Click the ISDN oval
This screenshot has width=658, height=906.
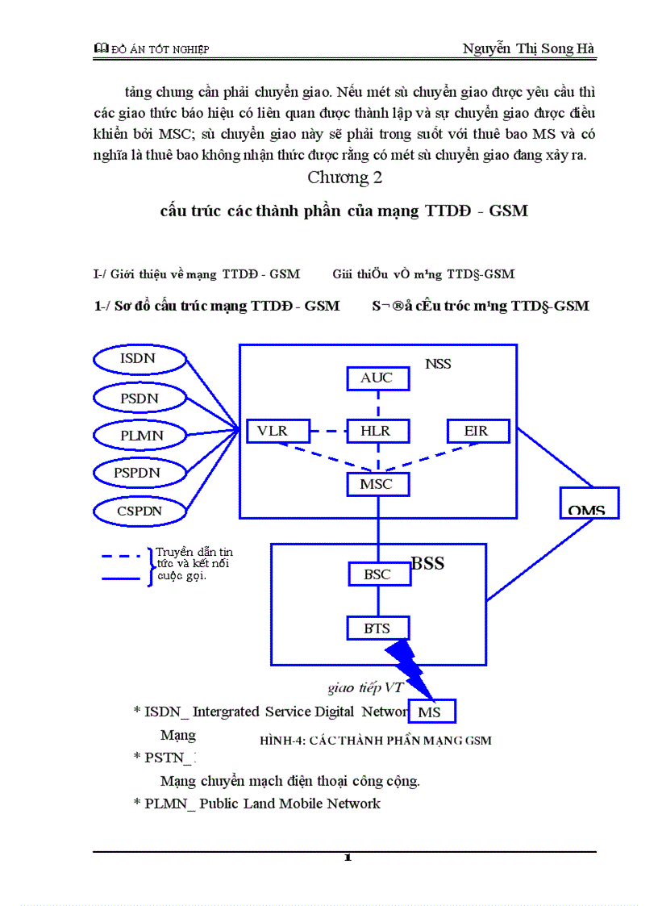click(140, 359)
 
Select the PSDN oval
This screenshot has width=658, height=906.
click(140, 398)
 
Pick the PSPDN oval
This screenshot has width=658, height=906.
click(140, 473)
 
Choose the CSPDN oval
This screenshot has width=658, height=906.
click(140, 511)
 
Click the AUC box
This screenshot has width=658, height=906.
click(377, 378)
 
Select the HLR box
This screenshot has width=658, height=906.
click(377, 431)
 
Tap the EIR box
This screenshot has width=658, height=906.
click(478, 431)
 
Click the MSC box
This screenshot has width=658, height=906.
click(377, 484)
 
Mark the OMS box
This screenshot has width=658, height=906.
click(589, 503)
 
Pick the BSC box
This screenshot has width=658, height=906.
click(377, 574)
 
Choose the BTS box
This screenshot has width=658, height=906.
click(377, 628)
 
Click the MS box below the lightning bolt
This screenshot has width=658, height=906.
click(432, 712)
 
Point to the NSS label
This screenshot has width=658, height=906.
click(438, 364)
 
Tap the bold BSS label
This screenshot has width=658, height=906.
click(427, 563)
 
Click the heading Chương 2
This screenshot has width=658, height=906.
click(345, 177)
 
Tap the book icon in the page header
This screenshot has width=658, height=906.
click(101, 49)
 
